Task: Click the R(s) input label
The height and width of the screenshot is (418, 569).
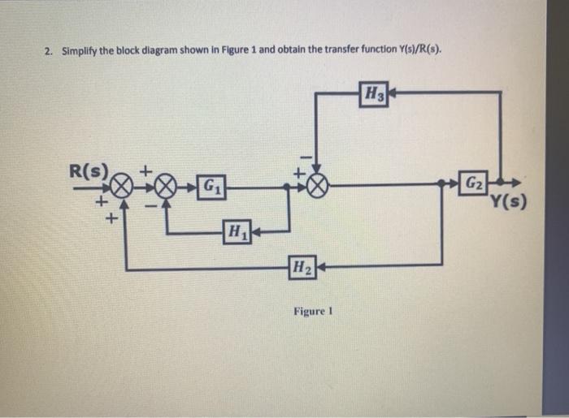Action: pyautogui.click(x=89, y=171)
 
